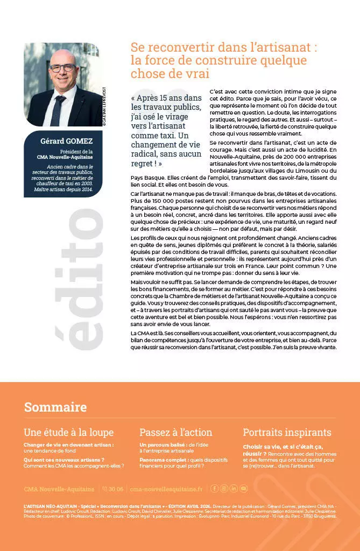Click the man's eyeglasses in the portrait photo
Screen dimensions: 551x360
[x=63, y=68]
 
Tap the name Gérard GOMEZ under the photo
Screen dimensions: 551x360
[x=67, y=142]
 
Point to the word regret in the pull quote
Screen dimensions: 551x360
[x=142, y=163]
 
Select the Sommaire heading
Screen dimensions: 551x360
[x=55, y=407]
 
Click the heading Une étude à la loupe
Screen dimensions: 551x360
[x=69, y=432]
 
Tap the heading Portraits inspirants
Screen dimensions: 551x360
[x=287, y=432]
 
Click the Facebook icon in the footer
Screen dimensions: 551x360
[x=214, y=489]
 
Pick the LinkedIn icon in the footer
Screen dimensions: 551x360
[x=234, y=489]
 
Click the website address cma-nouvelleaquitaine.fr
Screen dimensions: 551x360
[x=166, y=489]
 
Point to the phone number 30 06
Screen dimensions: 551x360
[x=116, y=489]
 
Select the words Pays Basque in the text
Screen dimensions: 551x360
[x=148, y=178]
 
